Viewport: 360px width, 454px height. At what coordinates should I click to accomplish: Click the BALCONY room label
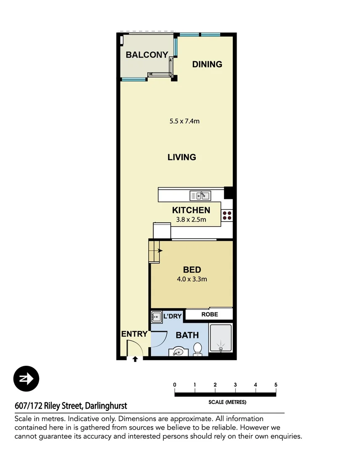(147, 55)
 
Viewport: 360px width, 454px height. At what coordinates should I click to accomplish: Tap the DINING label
(207, 64)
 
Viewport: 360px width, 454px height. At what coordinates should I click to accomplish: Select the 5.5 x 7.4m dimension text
(184, 121)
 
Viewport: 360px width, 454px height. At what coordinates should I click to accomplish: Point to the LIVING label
(182, 157)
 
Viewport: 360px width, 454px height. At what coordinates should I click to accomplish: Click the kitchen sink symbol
(200, 195)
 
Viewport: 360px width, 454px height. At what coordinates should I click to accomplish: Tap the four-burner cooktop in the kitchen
(227, 216)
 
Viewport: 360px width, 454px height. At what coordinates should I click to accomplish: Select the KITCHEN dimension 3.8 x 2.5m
(191, 219)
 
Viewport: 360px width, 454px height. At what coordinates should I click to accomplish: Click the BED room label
(192, 270)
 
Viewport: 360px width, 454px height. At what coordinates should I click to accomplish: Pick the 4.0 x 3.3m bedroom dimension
(192, 279)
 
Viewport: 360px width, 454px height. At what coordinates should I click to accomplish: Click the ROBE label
(209, 314)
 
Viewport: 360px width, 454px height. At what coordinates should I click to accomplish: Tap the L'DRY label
(172, 316)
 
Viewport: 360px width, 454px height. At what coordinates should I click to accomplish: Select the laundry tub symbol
(157, 317)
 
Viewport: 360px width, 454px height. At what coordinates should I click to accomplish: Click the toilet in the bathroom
(197, 349)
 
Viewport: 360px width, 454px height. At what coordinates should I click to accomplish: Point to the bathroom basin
(178, 351)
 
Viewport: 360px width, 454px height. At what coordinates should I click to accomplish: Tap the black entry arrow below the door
(135, 359)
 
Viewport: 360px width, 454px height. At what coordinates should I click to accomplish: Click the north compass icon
(26, 379)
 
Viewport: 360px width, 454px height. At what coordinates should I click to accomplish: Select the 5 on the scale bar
(276, 385)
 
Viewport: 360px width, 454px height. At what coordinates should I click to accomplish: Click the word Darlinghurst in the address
(106, 406)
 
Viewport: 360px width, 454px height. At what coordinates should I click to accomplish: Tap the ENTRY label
(134, 334)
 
